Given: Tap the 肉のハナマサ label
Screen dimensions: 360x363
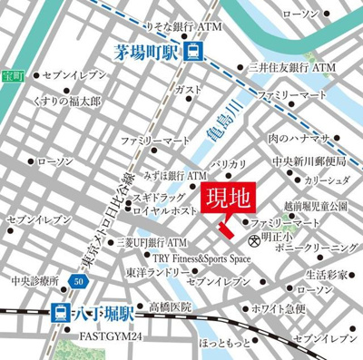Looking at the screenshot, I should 298,138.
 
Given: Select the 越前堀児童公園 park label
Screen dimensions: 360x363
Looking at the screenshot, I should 311,207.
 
